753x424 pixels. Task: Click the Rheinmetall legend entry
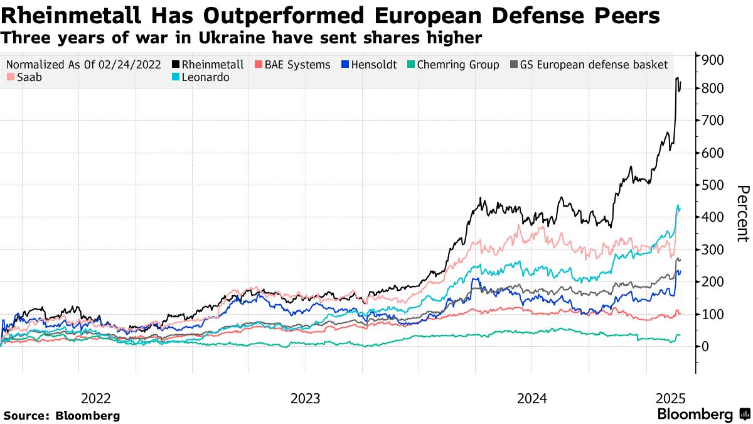(212, 65)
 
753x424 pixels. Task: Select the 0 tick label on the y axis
(707, 346)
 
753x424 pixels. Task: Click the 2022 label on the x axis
(96, 398)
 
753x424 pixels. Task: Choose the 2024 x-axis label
(531, 398)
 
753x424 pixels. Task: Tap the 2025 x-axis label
(670, 398)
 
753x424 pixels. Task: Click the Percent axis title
(742, 214)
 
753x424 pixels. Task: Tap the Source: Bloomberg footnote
(61, 415)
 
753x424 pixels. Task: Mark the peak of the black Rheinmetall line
(677, 78)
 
